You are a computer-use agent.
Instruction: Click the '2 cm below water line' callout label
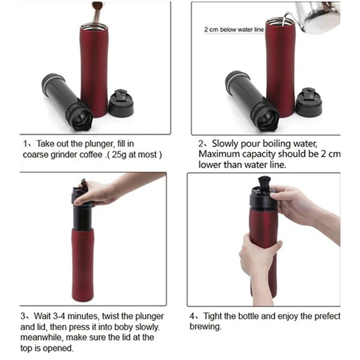tap(234, 30)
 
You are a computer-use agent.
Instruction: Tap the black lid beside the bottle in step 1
tap(121, 103)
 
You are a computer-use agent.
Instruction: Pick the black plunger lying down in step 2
tap(252, 100)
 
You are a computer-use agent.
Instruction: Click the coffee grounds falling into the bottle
tap(97, 12)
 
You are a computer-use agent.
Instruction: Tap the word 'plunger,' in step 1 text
tap(99, 144)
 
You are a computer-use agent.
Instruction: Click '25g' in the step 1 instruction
tap(119, 154)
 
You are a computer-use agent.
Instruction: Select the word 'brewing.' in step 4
tap(206, 327)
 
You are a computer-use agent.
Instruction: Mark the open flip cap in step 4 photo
tap(264, 184)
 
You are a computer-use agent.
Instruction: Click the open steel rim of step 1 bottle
tap(94, 26)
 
